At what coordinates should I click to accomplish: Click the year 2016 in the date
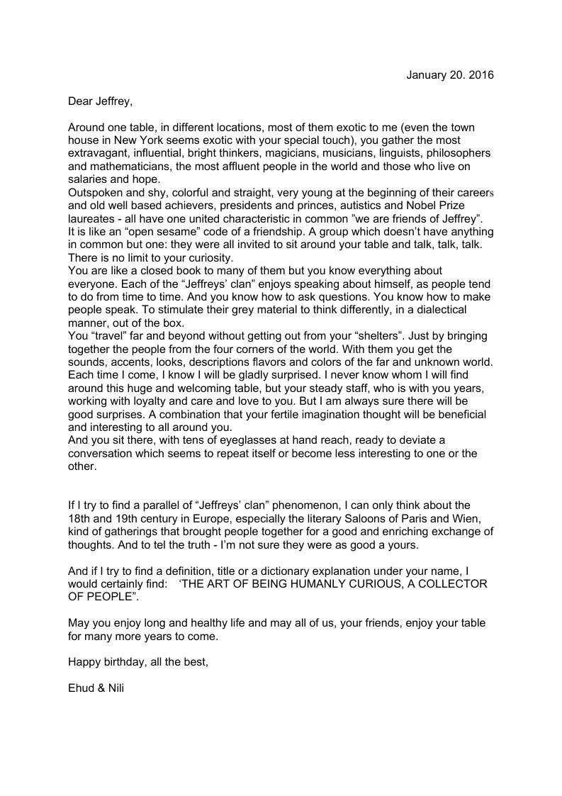coord(482,74)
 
